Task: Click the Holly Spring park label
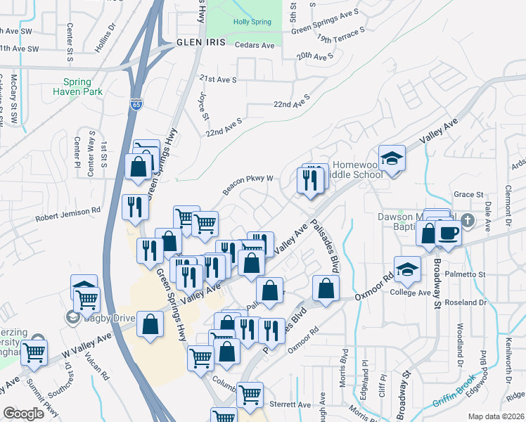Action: point(252,22)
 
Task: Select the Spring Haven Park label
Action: point(83,87)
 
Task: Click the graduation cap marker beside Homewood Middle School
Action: point(392,158)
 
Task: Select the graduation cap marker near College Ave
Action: point(407,268)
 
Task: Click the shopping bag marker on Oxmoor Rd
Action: point(326,287)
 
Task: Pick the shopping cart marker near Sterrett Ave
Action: point(250,395)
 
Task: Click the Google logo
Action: point(23,414)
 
